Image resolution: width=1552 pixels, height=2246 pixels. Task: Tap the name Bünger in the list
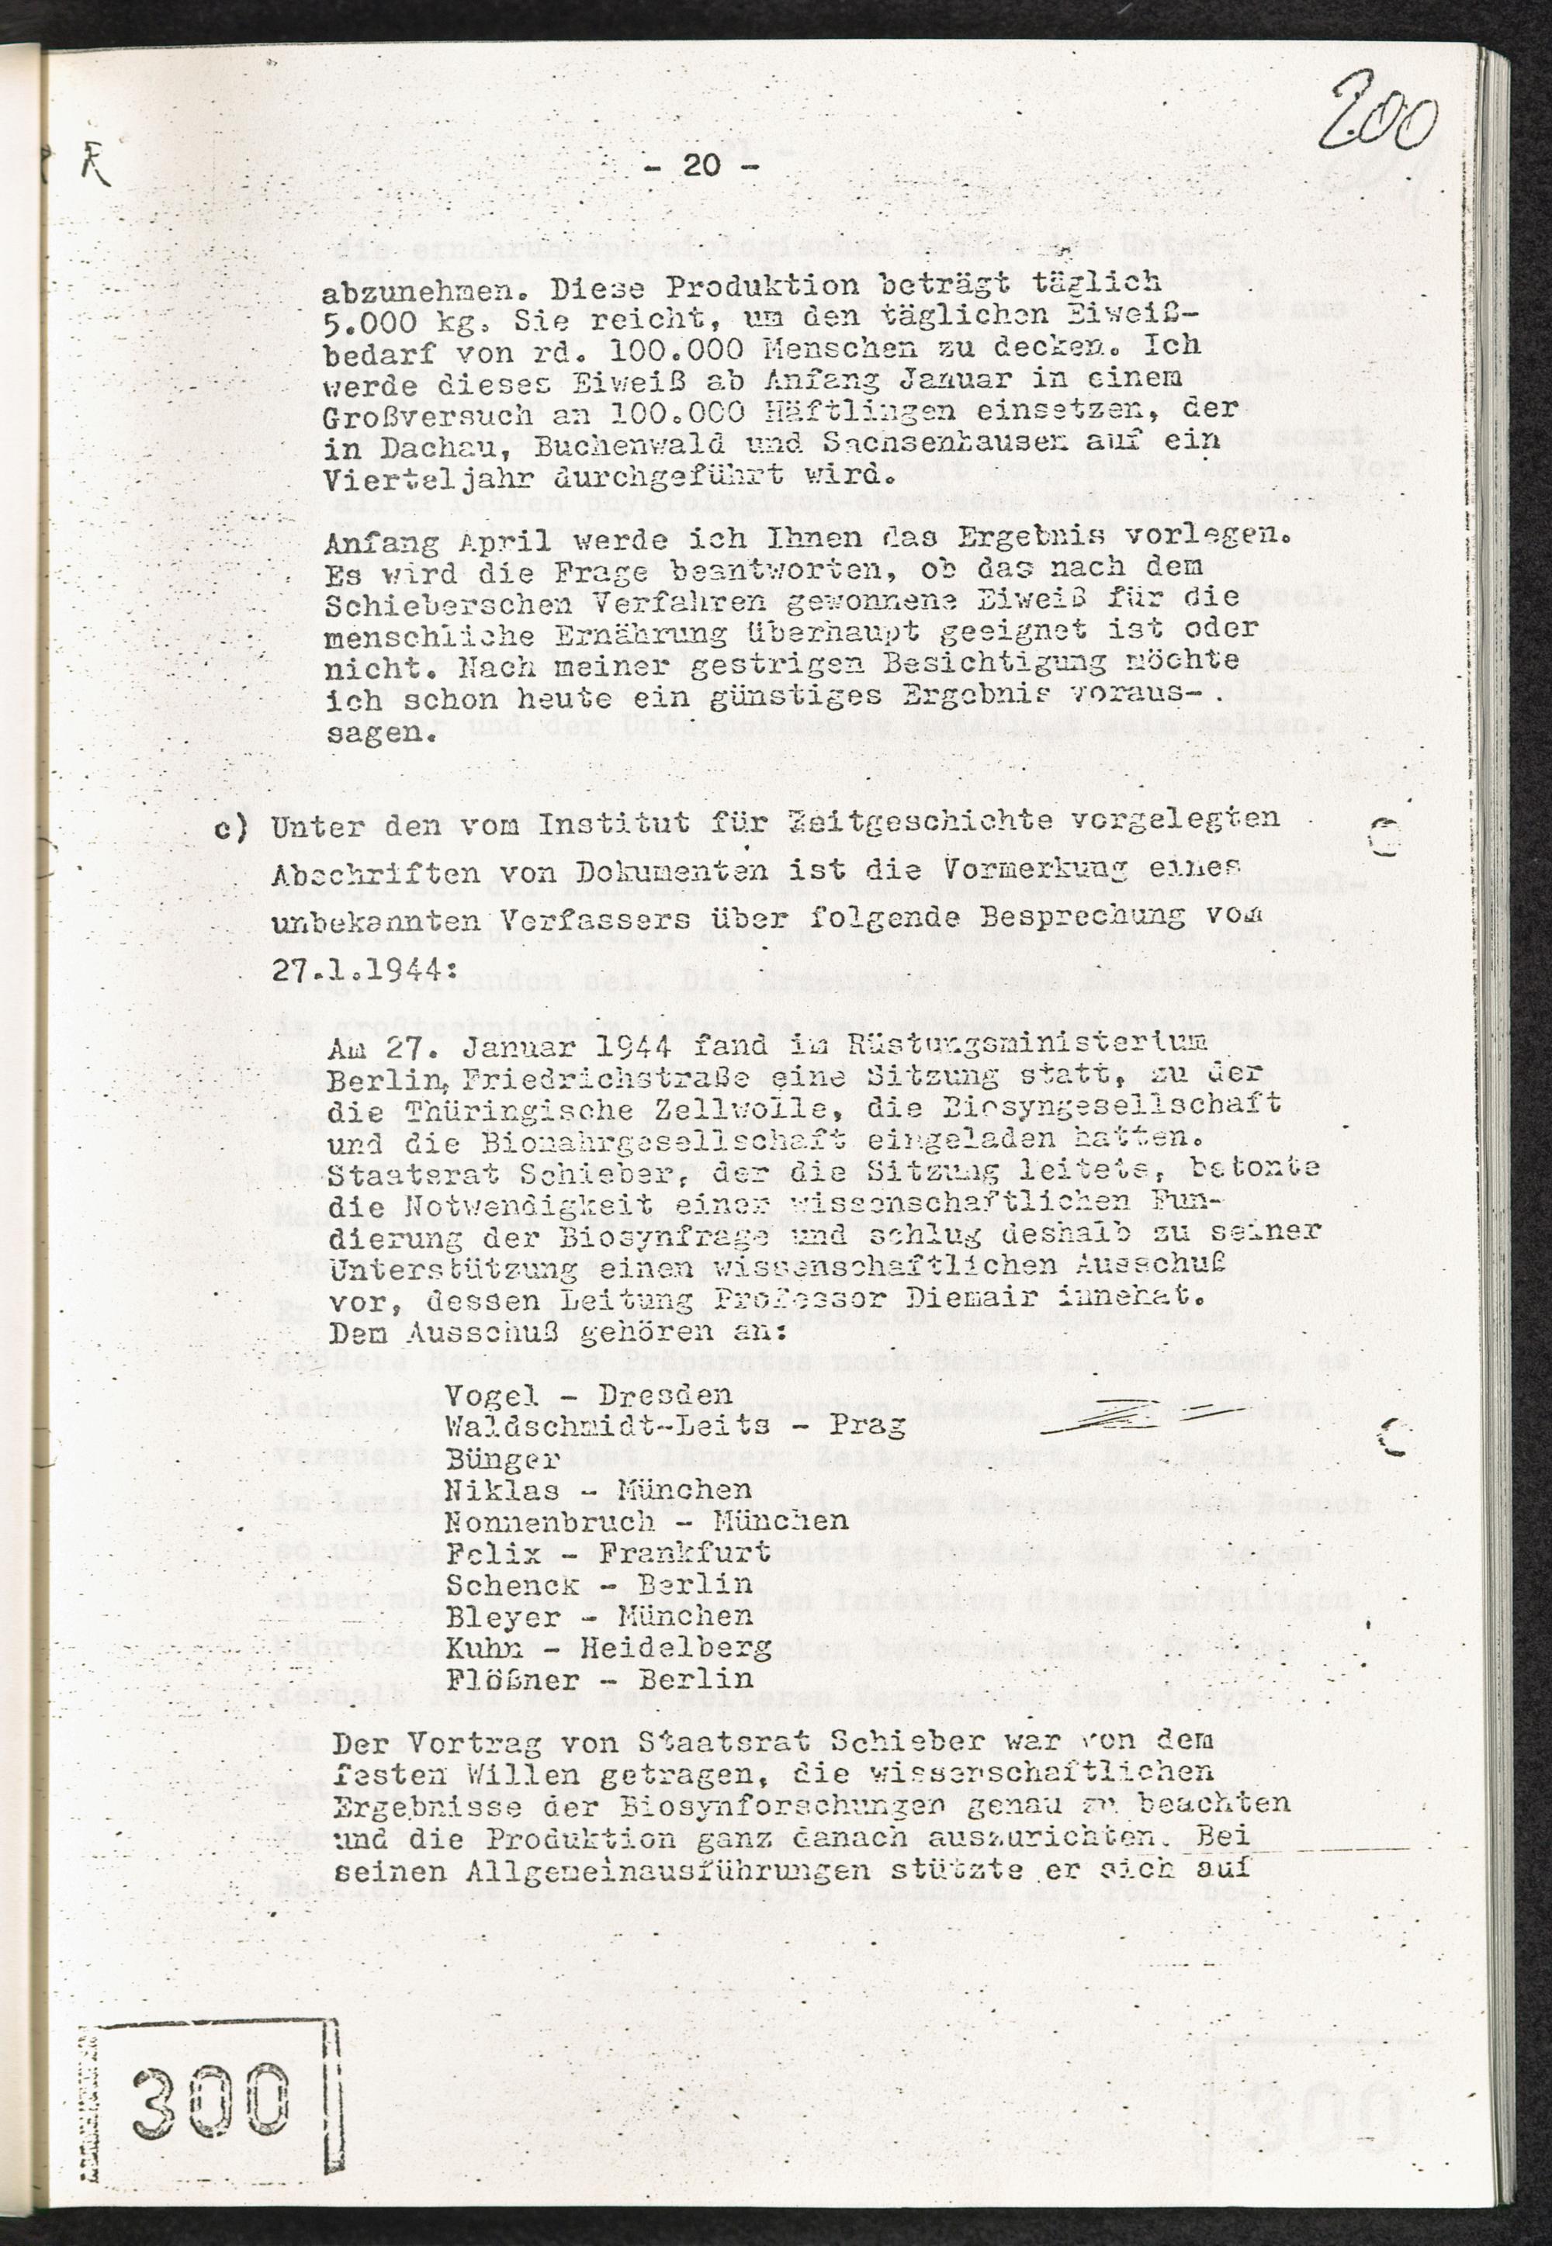click(504, 1459)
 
